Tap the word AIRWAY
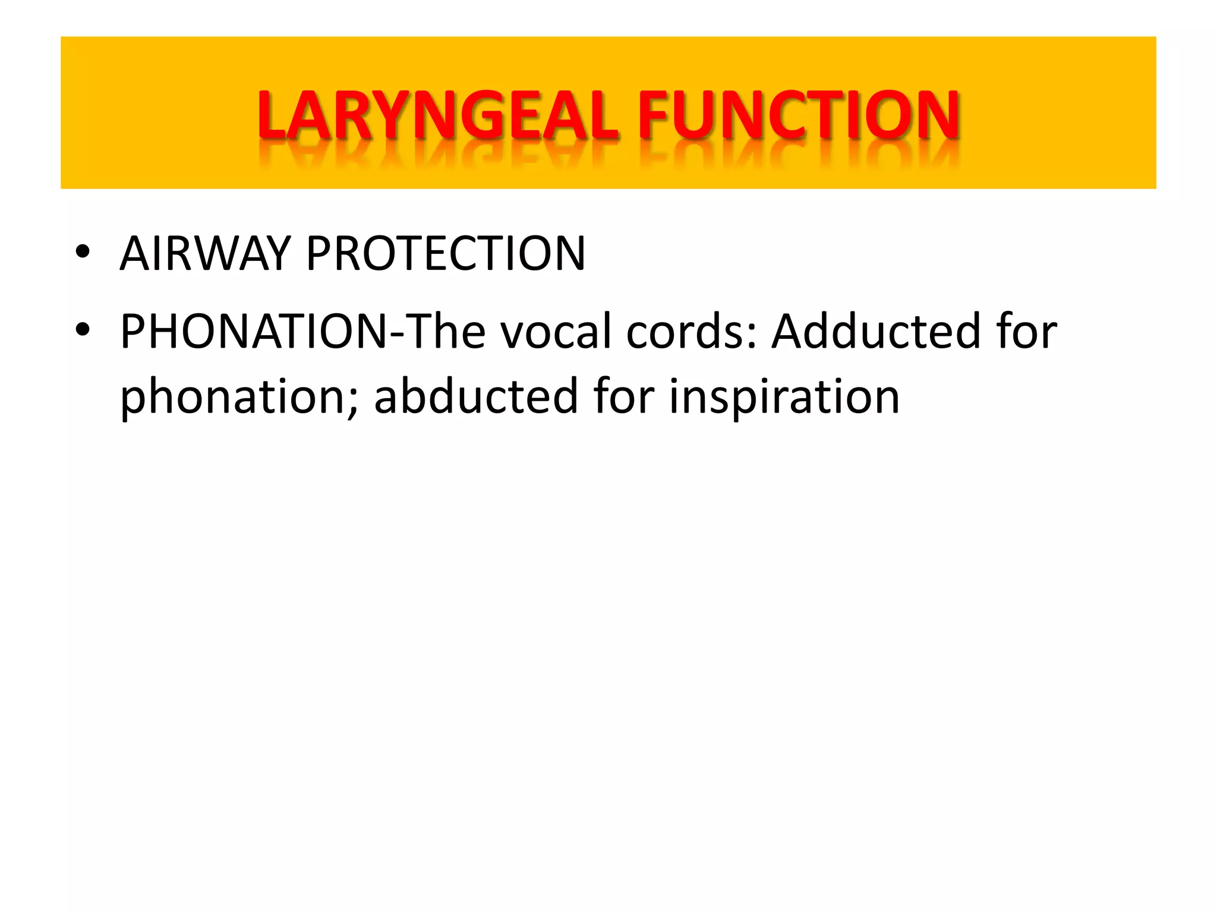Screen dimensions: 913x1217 204,254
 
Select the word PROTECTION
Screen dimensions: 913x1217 445,254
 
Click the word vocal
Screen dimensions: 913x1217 556,331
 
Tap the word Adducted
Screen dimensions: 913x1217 876,331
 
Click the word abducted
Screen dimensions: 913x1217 476,396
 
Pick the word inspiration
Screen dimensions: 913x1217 784,396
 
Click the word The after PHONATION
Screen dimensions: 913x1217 446,331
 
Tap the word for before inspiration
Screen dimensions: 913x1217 623,396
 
